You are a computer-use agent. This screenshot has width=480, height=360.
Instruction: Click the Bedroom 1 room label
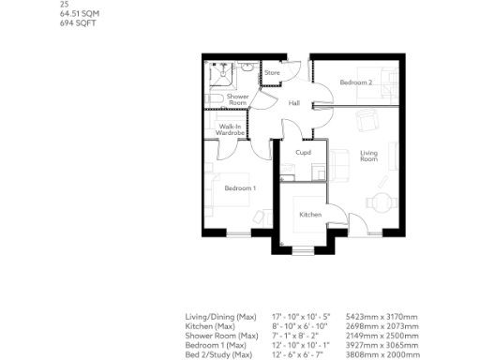coord(240,188)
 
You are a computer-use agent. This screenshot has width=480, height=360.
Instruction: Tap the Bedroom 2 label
coord(356,83)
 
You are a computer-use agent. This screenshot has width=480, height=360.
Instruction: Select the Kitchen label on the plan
coord(309,215)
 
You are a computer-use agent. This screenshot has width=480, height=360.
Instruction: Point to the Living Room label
coord(368,157)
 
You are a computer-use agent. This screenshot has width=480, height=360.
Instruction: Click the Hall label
coord(293,103)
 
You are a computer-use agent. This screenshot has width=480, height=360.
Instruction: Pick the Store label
coord(272,73)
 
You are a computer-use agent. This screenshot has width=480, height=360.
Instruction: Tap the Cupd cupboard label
coord(303,152)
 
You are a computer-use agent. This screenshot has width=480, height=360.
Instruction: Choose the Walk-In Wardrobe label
coord(231,130)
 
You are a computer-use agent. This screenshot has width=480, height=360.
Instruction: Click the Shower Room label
coord(237,98)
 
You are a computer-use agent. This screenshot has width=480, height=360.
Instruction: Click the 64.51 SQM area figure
coord(79,13)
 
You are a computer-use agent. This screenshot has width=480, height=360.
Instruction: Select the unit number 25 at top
coord(64,5)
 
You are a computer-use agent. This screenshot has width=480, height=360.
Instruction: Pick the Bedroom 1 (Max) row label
coord(215,344)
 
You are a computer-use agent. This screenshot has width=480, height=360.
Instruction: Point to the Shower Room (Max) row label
coord(221,335)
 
